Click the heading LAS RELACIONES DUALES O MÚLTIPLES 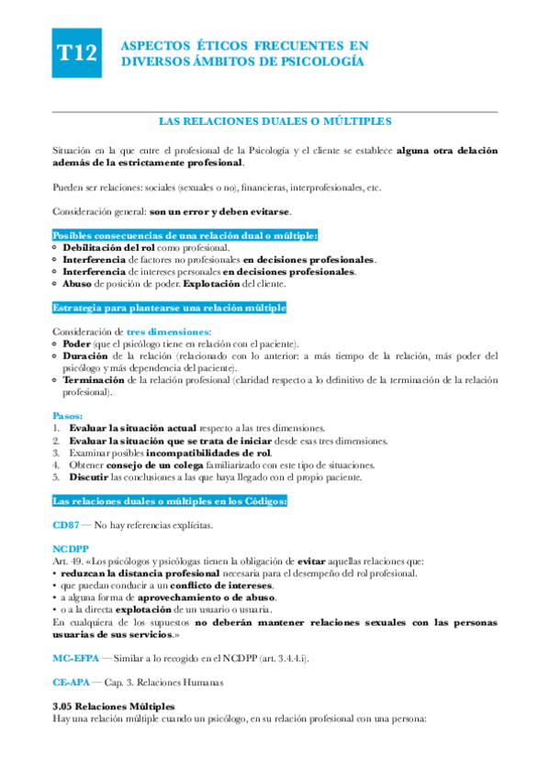275,120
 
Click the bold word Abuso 79,284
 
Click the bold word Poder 77,343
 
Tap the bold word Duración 85,355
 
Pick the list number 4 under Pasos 56,464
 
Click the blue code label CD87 66,525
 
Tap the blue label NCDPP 70,548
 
